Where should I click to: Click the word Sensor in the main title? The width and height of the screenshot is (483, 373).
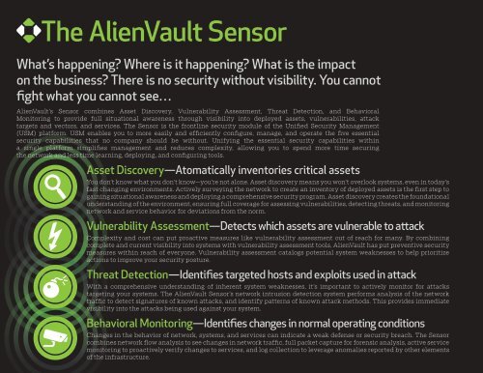click(225, 32)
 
